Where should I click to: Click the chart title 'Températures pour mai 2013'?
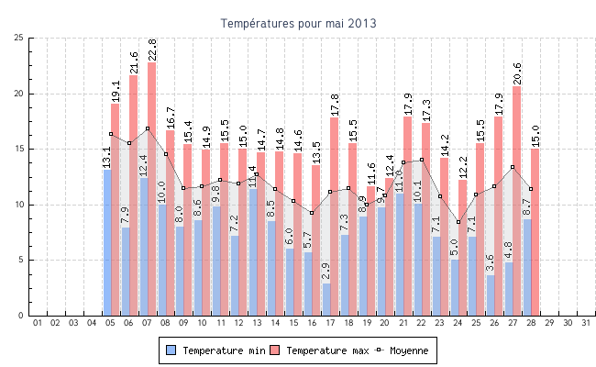point(298,23)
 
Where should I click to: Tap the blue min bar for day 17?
point(326,299)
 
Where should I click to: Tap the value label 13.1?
point(107,157)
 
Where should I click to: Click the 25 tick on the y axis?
point(19,38)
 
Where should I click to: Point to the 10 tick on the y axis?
point(19,205)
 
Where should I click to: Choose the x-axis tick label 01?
point(38,323)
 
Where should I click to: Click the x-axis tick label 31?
point(586,323)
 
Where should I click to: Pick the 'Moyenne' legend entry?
point(403,350)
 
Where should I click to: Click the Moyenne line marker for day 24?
point(458,222)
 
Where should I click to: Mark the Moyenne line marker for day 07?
point(148,128)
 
